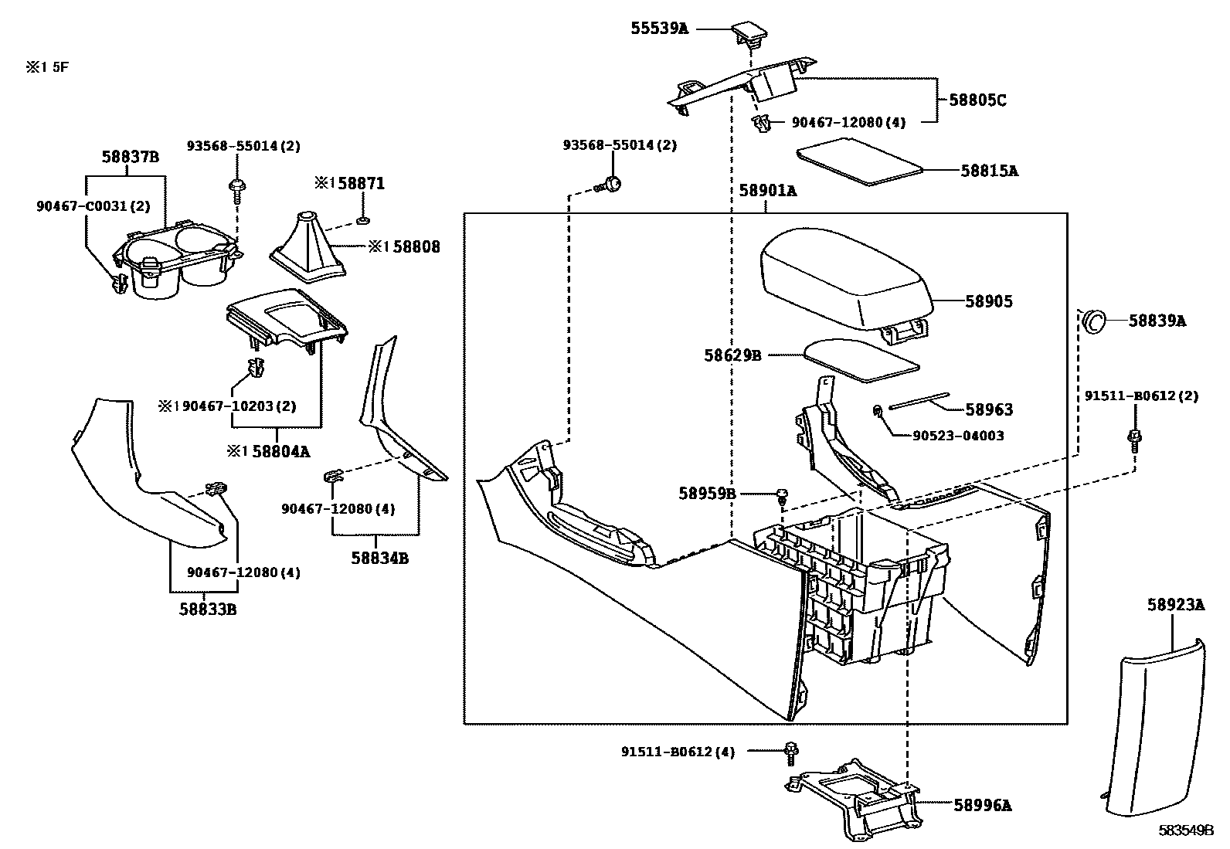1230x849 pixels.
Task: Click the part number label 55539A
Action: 659,29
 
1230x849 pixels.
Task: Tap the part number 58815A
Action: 989,171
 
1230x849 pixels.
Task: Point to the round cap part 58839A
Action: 1092,321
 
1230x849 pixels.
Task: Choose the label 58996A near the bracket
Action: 982,806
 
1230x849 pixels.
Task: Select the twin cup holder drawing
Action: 174,263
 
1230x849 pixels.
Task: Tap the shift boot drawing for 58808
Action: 307,243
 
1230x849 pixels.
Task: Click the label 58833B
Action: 208,610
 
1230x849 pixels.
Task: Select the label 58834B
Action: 379,557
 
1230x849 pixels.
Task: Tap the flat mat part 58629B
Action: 859,359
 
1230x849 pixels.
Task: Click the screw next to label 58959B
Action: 781,493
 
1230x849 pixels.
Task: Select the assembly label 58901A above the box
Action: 766,191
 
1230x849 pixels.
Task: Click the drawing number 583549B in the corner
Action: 1185,830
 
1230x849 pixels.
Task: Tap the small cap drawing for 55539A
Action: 749,32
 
